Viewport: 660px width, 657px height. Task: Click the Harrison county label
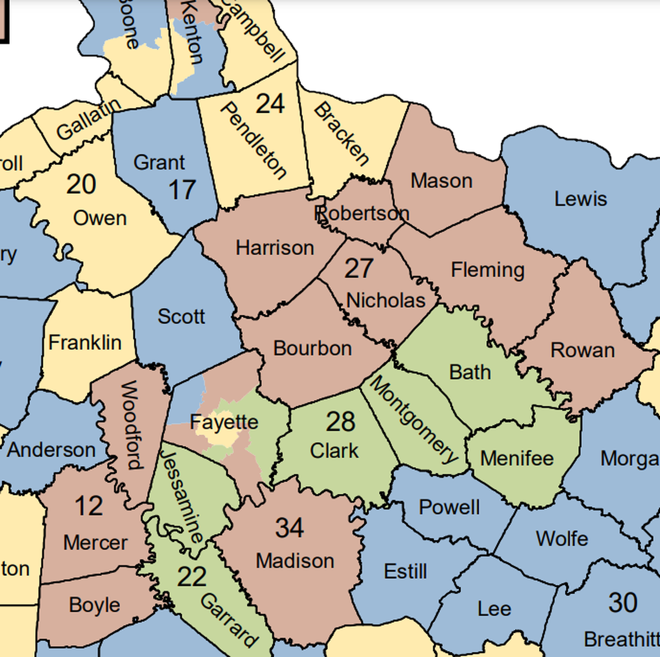(274, 248)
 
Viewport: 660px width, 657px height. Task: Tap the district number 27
(359, 269)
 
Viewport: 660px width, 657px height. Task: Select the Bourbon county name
(312, 348)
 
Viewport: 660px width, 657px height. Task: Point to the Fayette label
(224, 422)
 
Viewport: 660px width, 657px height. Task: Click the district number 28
(340, 422)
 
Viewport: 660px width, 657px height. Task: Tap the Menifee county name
(517, 458)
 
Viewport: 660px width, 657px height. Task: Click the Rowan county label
(582, 350)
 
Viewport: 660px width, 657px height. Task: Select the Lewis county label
(581, 199)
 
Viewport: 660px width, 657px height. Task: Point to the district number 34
(289, 528)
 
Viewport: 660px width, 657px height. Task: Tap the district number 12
(89, 506)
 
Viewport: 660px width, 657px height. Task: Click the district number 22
(192, 577)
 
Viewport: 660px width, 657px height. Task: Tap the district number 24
(270, 104)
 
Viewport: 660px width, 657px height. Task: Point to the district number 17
(182, 190)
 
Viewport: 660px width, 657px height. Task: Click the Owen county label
(100, 218)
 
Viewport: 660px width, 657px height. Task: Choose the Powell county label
(449, 508)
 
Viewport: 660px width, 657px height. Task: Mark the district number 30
(623, 603)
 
